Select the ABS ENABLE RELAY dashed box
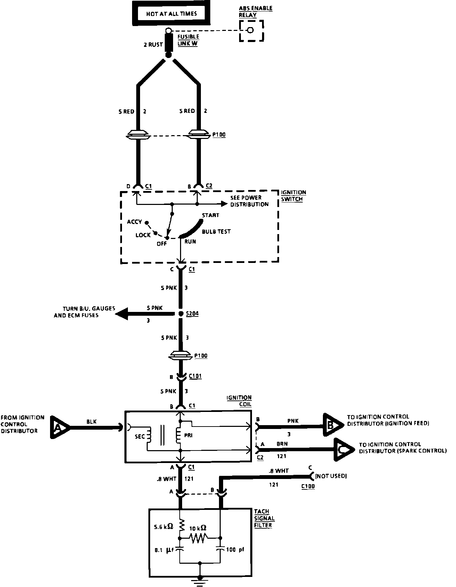(251, 31)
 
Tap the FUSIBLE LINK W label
(188, 40)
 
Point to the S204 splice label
(192, 314)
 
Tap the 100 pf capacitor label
(235, 550)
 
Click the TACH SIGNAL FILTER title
(264, 518)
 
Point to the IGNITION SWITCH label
(293, 196)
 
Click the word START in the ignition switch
(211, 215)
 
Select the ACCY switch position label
(135, 222)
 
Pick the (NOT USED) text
(331, 476)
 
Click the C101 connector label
(195, 376)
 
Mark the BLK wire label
(91, 422)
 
